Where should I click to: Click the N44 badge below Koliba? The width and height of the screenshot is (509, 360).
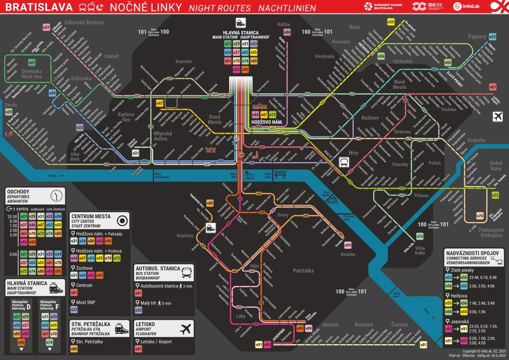[287, 32]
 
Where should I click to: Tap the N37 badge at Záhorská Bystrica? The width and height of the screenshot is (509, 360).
[47, 27]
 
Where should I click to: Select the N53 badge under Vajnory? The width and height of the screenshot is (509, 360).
[492, 37]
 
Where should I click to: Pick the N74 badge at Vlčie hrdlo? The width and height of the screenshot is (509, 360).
[420, 236]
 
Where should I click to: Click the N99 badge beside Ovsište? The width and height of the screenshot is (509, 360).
[347, 245]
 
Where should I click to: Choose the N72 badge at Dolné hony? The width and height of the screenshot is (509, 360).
[495, 195]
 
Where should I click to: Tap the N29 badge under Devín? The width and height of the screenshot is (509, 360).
[9, 112]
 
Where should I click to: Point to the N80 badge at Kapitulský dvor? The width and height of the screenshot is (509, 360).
[210, 203]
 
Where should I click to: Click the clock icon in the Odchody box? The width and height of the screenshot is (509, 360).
[57, 195]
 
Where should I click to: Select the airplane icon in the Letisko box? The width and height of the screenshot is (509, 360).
[186, 329]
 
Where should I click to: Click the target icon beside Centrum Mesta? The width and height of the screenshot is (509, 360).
[123, 221]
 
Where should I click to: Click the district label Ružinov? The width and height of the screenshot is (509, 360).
[370, 118]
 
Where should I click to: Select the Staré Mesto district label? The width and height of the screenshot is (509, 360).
[214, 119]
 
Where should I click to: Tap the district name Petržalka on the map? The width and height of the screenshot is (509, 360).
[303, 271]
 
